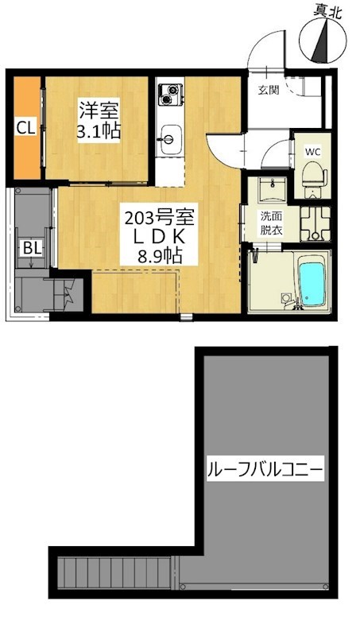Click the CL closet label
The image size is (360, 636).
click(x=26, y=128)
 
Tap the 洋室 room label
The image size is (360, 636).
click(x=99, y=110)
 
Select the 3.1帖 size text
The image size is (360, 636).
click(x=99, y=131)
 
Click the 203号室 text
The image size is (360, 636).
click(x=158, y=219)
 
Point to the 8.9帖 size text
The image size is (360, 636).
click(x=158, y=255)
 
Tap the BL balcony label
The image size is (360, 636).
click(x=32, y=249)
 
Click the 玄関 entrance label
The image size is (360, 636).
click(x=269, y=90)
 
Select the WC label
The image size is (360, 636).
click(x=313, y=152)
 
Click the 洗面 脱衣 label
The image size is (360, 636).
click(x=269, y=223)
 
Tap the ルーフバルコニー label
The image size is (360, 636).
click(x=265, y=471)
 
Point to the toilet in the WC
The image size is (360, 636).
click(x=314, y=178)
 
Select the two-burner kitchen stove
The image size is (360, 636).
click(x=171, y=94)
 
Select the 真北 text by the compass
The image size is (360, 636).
click(x=327, y=10)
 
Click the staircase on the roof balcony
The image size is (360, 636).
click(x=114, y=572)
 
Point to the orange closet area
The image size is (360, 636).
click(x=27, y=128)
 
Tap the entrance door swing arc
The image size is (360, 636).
click(x=265, y=48)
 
